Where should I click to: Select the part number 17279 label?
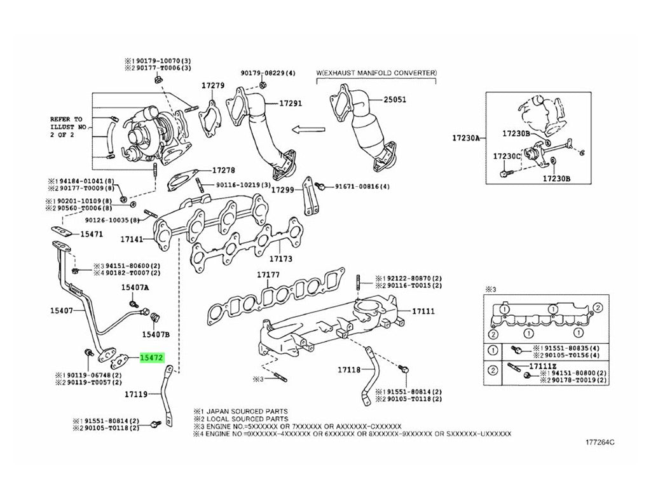[213, 86]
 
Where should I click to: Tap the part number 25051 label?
[394, 100]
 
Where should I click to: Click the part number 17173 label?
[280, 259]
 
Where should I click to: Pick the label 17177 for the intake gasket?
[268, 275]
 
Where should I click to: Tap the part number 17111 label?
[423, 311]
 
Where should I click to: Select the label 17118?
[349, 369]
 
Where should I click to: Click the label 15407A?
[135, 287]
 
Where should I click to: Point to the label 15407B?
[156, 334]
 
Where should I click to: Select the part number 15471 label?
[91, 234]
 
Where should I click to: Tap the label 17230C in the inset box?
[507, 156]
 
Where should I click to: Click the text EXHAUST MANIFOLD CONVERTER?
[379, 73]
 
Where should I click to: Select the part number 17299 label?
[282, 189]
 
